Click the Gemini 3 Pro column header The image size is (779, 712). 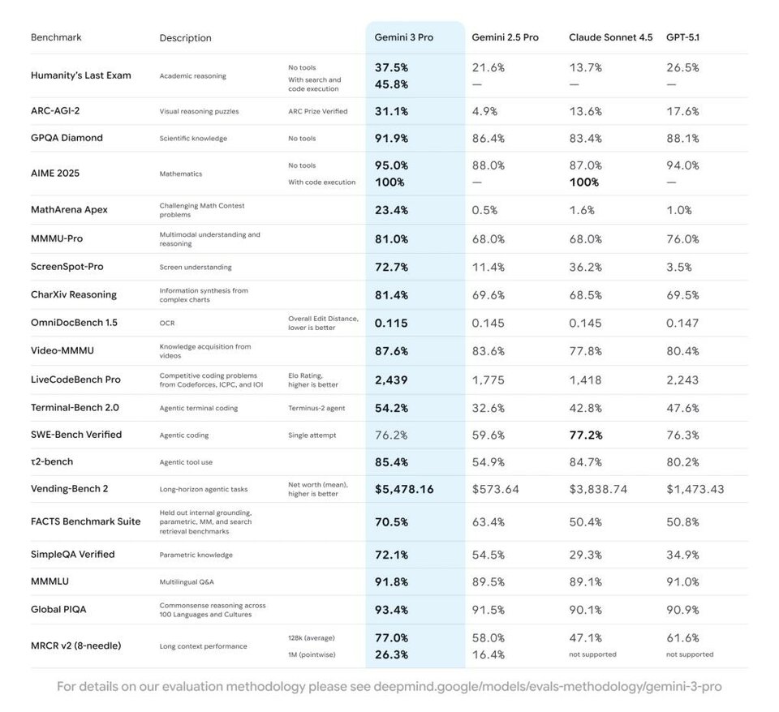tap(403, 37)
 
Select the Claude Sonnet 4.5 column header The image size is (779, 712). tap(610, 37)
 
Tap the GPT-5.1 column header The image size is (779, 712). tap(682, 37)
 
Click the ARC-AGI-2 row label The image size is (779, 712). tap(55, 111)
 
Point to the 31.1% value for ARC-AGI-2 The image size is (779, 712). tap(391, 111)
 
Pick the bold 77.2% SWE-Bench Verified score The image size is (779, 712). tap(586, 435)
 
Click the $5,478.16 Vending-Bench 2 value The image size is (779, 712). tap(404, 489)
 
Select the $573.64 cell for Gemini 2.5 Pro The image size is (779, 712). tap(495, 489)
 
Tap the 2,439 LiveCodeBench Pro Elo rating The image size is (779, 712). tap(391, 380)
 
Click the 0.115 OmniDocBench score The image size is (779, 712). tap(391, 324)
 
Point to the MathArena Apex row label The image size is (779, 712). tap(69, 209)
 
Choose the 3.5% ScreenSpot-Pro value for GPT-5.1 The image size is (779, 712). tap(679, 267)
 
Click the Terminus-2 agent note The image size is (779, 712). tap(316, 408)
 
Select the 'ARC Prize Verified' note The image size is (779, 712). tap(318, 111)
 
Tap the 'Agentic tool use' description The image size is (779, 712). tap(186, 462)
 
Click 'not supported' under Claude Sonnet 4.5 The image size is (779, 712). tap(592, 654)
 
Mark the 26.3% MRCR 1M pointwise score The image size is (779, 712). tap(391, 655)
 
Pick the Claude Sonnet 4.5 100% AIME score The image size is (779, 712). tap(584, 182)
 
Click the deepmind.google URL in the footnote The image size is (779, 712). tap(548, 687)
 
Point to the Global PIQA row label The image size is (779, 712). tap(58, 610)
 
